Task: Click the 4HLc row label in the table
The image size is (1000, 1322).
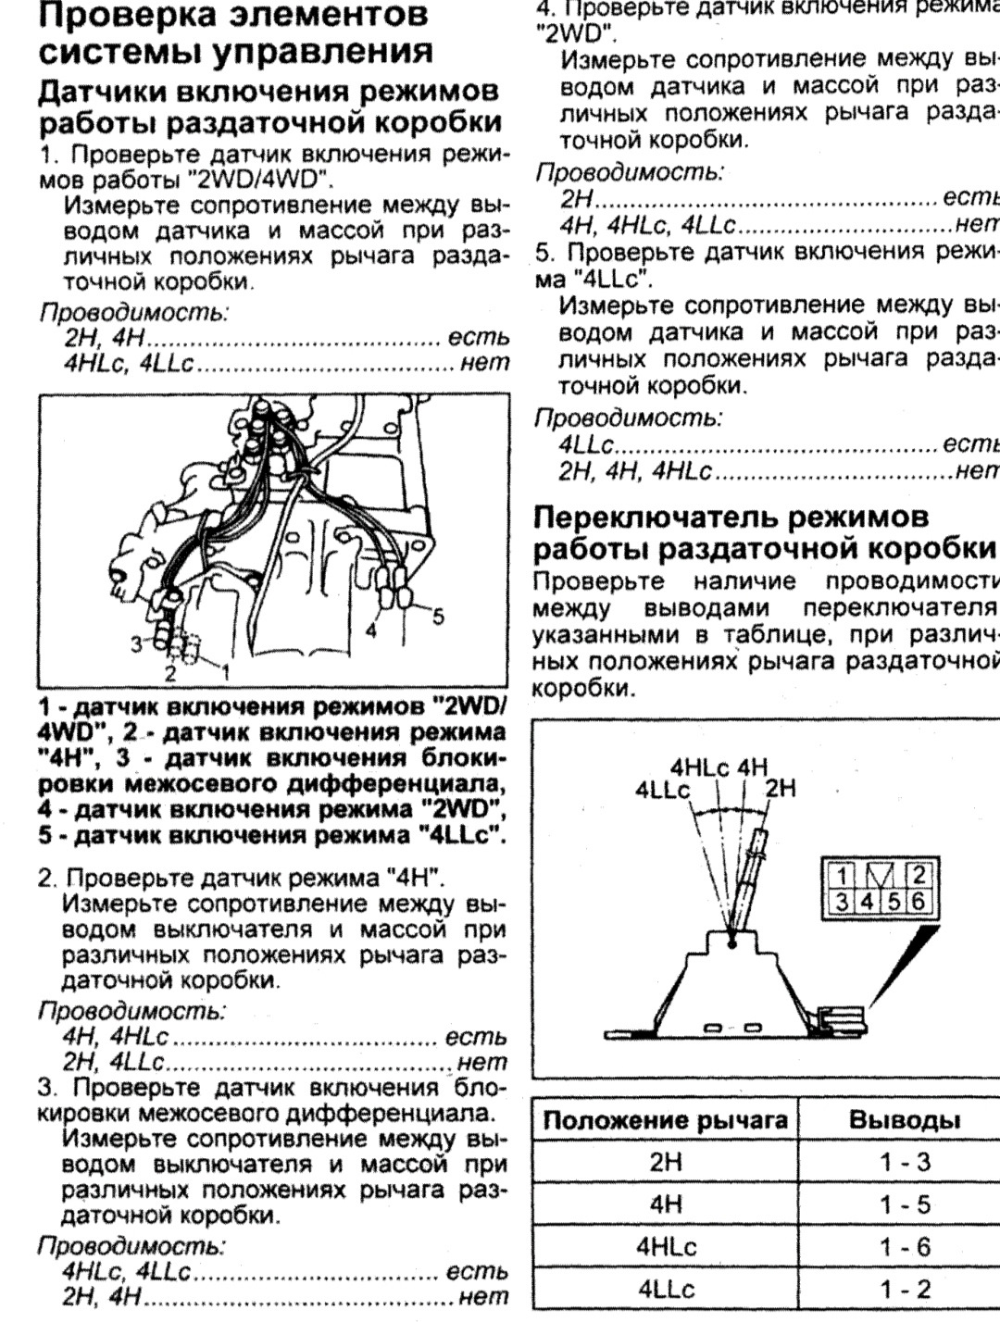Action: coord(666,1246)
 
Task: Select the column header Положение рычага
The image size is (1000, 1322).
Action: coord(666,1119)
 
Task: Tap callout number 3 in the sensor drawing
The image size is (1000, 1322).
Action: coord(135,641)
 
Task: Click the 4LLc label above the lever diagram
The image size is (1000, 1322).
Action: coord(662,790)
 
